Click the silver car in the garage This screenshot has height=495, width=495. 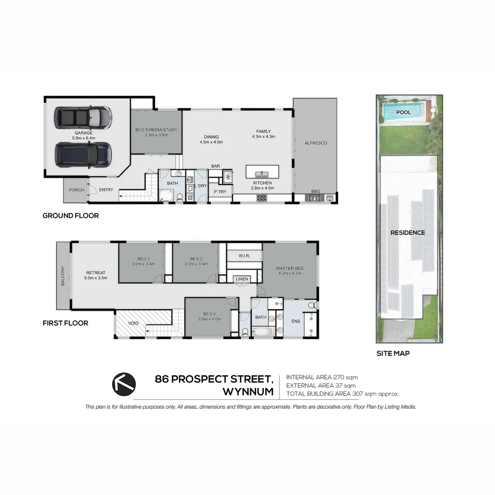click(x=83, y=118)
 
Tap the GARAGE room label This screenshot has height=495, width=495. click(x=84, y=133)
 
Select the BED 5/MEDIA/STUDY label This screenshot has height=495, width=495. click(x=156, y=130)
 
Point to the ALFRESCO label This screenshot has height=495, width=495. click(x=316, y=143)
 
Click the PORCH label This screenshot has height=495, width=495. click(x=77, y=190)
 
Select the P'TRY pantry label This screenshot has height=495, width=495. click(x=220, y=192)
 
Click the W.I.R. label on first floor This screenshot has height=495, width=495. click(x=244, y=255)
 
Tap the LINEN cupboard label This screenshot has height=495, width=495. click(x=242, y=279)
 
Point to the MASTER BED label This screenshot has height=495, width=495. click(x=290, y=268)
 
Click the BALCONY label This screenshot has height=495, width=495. click(x=63, y=276)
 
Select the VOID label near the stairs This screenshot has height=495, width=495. click(x=133, y=323)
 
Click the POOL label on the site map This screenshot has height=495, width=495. click(x=403, y=112)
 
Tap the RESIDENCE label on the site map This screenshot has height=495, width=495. click(x=407, y=232)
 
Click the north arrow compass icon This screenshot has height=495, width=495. click(x=124, y=383)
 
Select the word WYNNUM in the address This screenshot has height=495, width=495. click(x=248, y=392)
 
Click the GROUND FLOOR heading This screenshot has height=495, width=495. click(x=71, y=215)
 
